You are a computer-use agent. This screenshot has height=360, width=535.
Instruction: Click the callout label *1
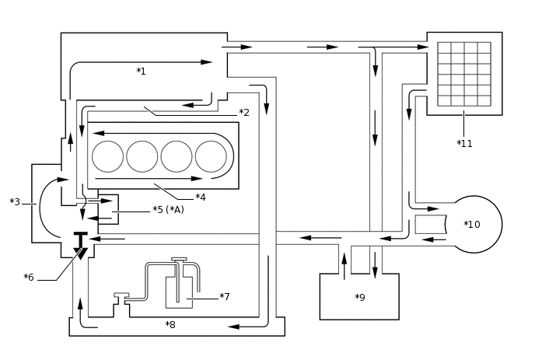[x=141, y=72]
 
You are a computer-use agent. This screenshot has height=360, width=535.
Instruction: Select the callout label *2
[x=243, y=113]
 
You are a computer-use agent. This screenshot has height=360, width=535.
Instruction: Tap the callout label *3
[x=15, y=202]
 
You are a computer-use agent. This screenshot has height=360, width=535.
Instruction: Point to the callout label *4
[x=200, y=197]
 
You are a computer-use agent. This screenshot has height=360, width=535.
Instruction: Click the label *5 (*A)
[x=168, y=209]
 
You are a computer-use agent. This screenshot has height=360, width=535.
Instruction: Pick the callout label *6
[x=29, y=278]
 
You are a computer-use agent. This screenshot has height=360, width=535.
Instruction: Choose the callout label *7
[x=224, y=296]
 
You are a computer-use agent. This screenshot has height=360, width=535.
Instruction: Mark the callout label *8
[x=170, y=324]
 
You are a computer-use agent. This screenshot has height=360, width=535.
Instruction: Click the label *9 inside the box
[x=359, y=298]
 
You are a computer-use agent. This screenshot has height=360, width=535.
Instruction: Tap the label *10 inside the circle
[x=472, y=225]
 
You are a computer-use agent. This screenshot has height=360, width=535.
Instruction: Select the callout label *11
[x=464, y=143]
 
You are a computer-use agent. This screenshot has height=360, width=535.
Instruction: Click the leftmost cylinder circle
[x=108, y=156]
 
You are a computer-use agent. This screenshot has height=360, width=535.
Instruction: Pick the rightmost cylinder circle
[x=211, y=156]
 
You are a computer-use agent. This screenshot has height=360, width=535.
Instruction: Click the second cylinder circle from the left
[x=142, y=156]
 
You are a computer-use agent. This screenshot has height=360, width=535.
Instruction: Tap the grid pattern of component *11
[x=463, y=74]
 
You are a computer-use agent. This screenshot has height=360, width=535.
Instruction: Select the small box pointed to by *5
[x=107, y=208]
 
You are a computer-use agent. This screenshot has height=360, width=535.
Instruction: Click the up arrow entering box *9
[x=344, y=264]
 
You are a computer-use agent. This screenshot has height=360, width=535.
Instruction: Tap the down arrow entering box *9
[x=375, y=264]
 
